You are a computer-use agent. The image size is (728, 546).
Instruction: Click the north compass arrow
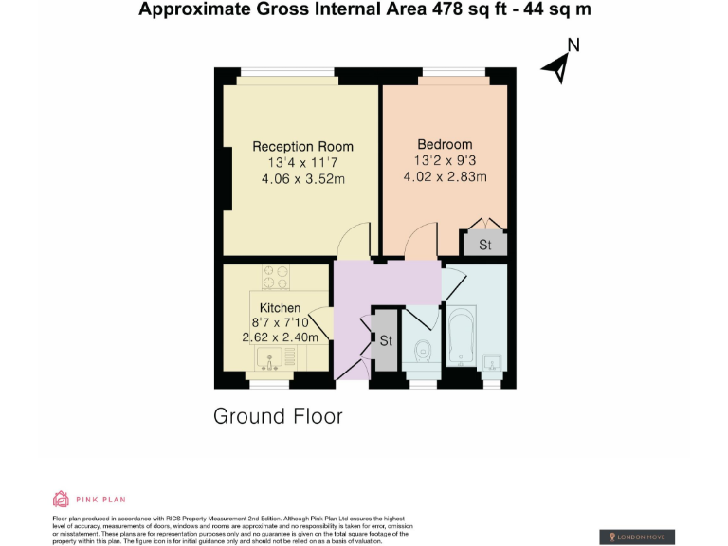point(557,66)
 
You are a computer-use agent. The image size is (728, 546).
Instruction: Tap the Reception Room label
point(302,147)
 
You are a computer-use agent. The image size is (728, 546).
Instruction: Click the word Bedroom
point(445,145)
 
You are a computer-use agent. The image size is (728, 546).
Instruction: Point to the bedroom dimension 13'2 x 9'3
point(445,161)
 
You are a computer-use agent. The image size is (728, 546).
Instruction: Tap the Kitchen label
point(280,308)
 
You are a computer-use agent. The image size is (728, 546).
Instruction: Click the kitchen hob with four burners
point(276,276)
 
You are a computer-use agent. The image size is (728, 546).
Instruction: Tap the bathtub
point(462,338)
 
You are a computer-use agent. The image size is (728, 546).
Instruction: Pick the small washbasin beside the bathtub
point(493,363)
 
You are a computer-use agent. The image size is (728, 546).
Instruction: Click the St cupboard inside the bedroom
point(484,245)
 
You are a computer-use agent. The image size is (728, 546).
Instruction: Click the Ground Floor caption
point(278,416)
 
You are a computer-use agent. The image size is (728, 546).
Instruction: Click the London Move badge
point(637,537)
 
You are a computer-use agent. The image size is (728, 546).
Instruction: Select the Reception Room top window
point(287,72)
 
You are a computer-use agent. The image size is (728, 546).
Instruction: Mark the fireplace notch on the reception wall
point(227,177)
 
